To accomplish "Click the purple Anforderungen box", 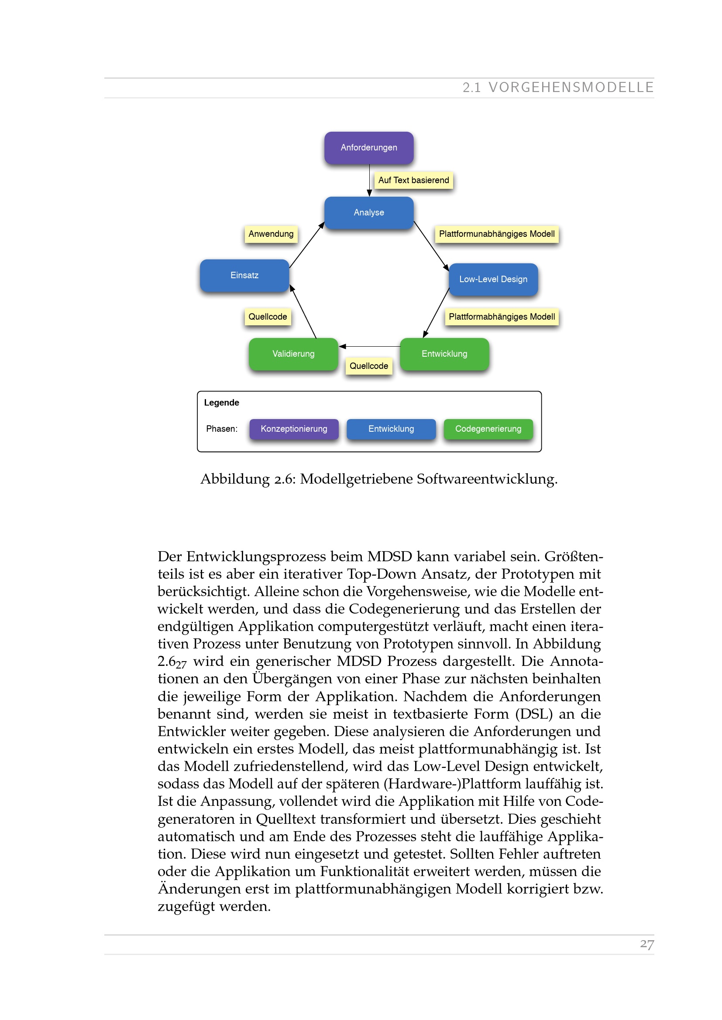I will tap(368, 147).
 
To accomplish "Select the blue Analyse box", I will tap(368, 212).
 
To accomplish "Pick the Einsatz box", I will tap(244, 276).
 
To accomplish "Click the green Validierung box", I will tap(293, 354).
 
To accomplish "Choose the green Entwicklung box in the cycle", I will tap(444, 354).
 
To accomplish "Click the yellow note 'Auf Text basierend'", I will tap(413, 181).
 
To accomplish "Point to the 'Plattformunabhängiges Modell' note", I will tap(497, 234).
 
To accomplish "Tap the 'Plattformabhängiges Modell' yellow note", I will tap(502, 317).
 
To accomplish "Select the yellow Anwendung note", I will tap(271, 234).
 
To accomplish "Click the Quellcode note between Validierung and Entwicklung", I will tap(368, 366).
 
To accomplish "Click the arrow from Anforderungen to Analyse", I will tap(369, 180).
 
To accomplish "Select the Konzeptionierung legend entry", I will tap(294, 429).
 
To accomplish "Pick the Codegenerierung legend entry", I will tap(488, 429).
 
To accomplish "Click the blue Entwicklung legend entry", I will tap(391, 429).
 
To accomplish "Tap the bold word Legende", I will tap(221, 403).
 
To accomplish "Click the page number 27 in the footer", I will tap(646, 944).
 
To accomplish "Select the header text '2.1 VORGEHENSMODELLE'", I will tap(558, 88).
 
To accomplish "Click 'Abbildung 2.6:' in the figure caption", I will tap(248, 479).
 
